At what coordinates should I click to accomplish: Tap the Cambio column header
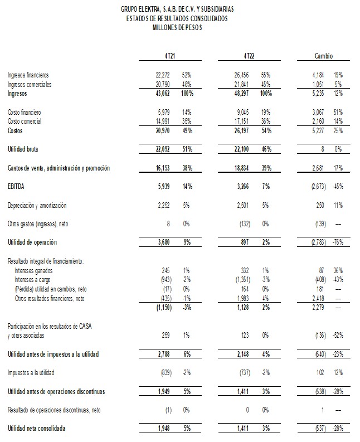[x=324, y=56]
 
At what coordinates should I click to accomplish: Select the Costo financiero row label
[x=25, y=112]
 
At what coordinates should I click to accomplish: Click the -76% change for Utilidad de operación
[x=338, y=242]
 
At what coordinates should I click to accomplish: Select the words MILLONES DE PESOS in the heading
[x=177, y=27]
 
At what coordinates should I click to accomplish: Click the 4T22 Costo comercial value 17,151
[x=246, y=121]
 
